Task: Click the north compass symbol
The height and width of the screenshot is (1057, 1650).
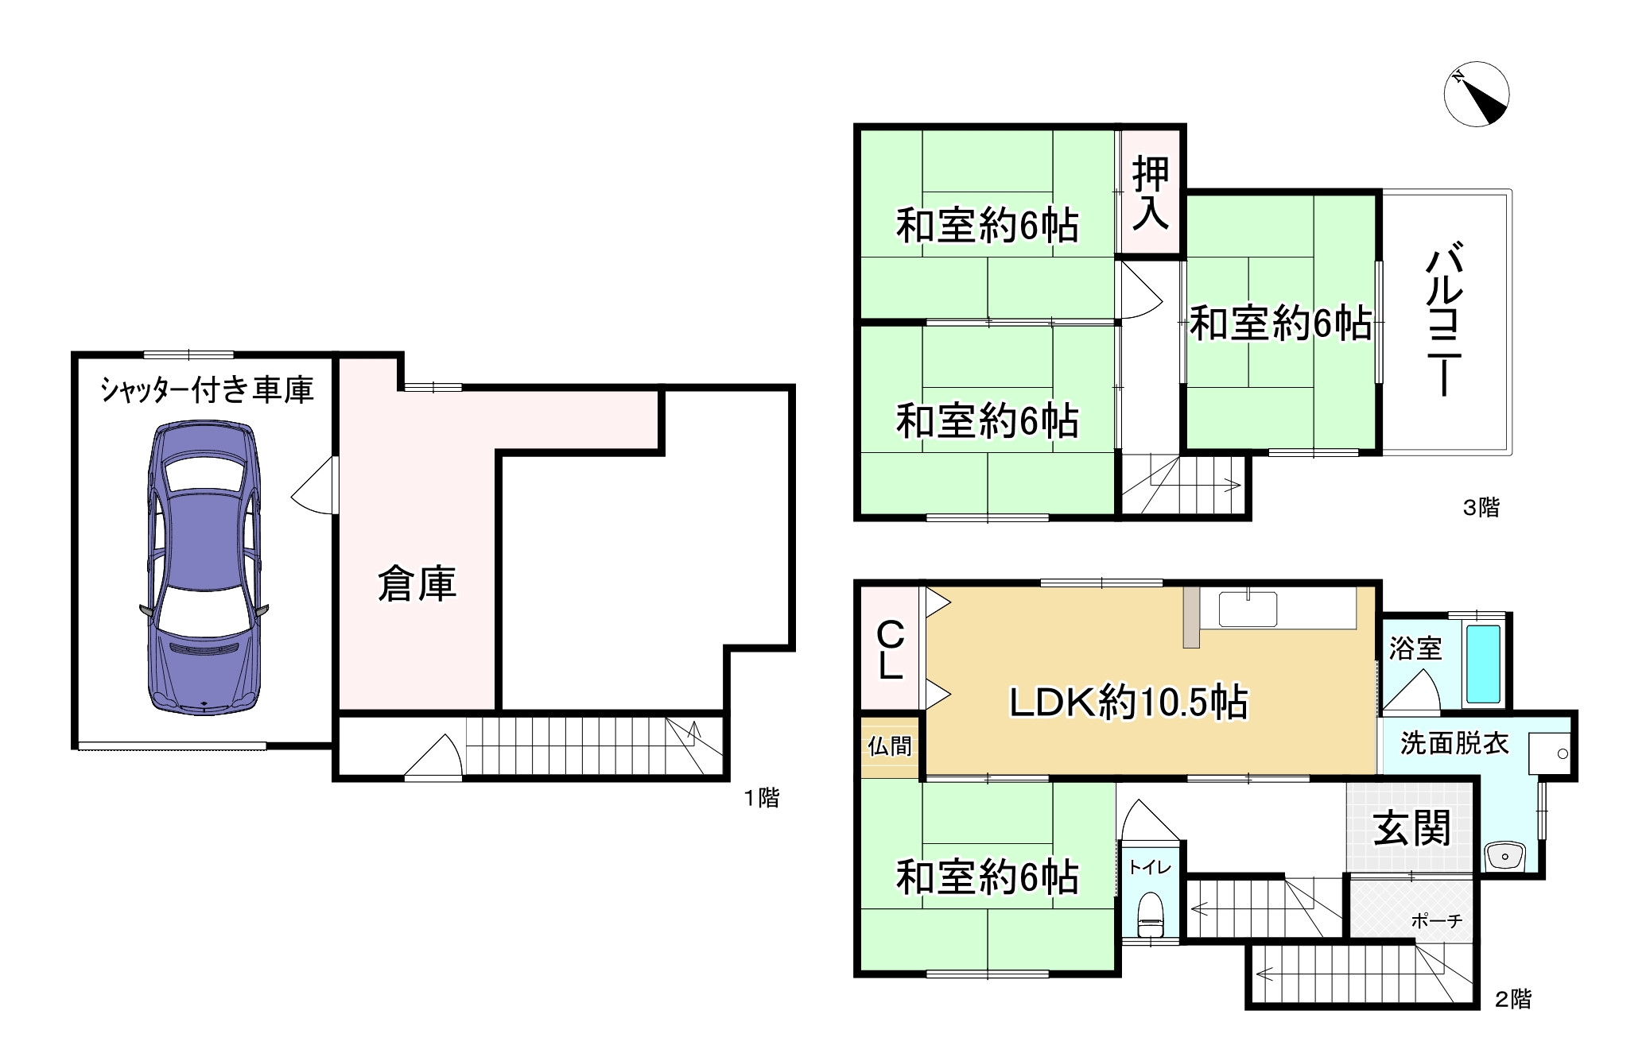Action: [1476, 94]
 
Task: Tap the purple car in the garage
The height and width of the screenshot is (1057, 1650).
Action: [204, 569]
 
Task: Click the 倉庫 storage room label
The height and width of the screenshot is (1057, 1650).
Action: [417, 584]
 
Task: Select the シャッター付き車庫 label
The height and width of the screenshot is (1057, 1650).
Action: [207, 390]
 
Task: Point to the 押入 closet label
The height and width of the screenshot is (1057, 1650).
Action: [1150, 193]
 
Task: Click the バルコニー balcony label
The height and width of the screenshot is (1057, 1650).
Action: [1444, 321]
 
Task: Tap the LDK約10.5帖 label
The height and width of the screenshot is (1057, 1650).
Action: [1128, 703]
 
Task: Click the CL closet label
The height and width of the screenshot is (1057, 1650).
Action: [890, 650]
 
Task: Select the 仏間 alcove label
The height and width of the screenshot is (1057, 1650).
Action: [890, 746]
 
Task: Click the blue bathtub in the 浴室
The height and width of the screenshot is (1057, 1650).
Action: [1482, 664]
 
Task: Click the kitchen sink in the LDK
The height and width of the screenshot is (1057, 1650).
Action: [1248, 610]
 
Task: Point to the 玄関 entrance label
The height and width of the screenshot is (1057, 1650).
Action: [1412, 829]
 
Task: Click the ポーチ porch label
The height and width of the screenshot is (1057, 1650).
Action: [1436, 920]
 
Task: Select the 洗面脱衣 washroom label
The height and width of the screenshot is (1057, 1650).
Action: [1454, 744]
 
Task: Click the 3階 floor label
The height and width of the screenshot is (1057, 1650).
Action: [1481, 507]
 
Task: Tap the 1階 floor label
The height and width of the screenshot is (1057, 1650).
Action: [761, 798]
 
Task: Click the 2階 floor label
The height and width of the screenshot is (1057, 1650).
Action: [1512, 999]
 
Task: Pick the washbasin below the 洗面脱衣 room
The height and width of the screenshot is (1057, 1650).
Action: [1503, 857]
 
